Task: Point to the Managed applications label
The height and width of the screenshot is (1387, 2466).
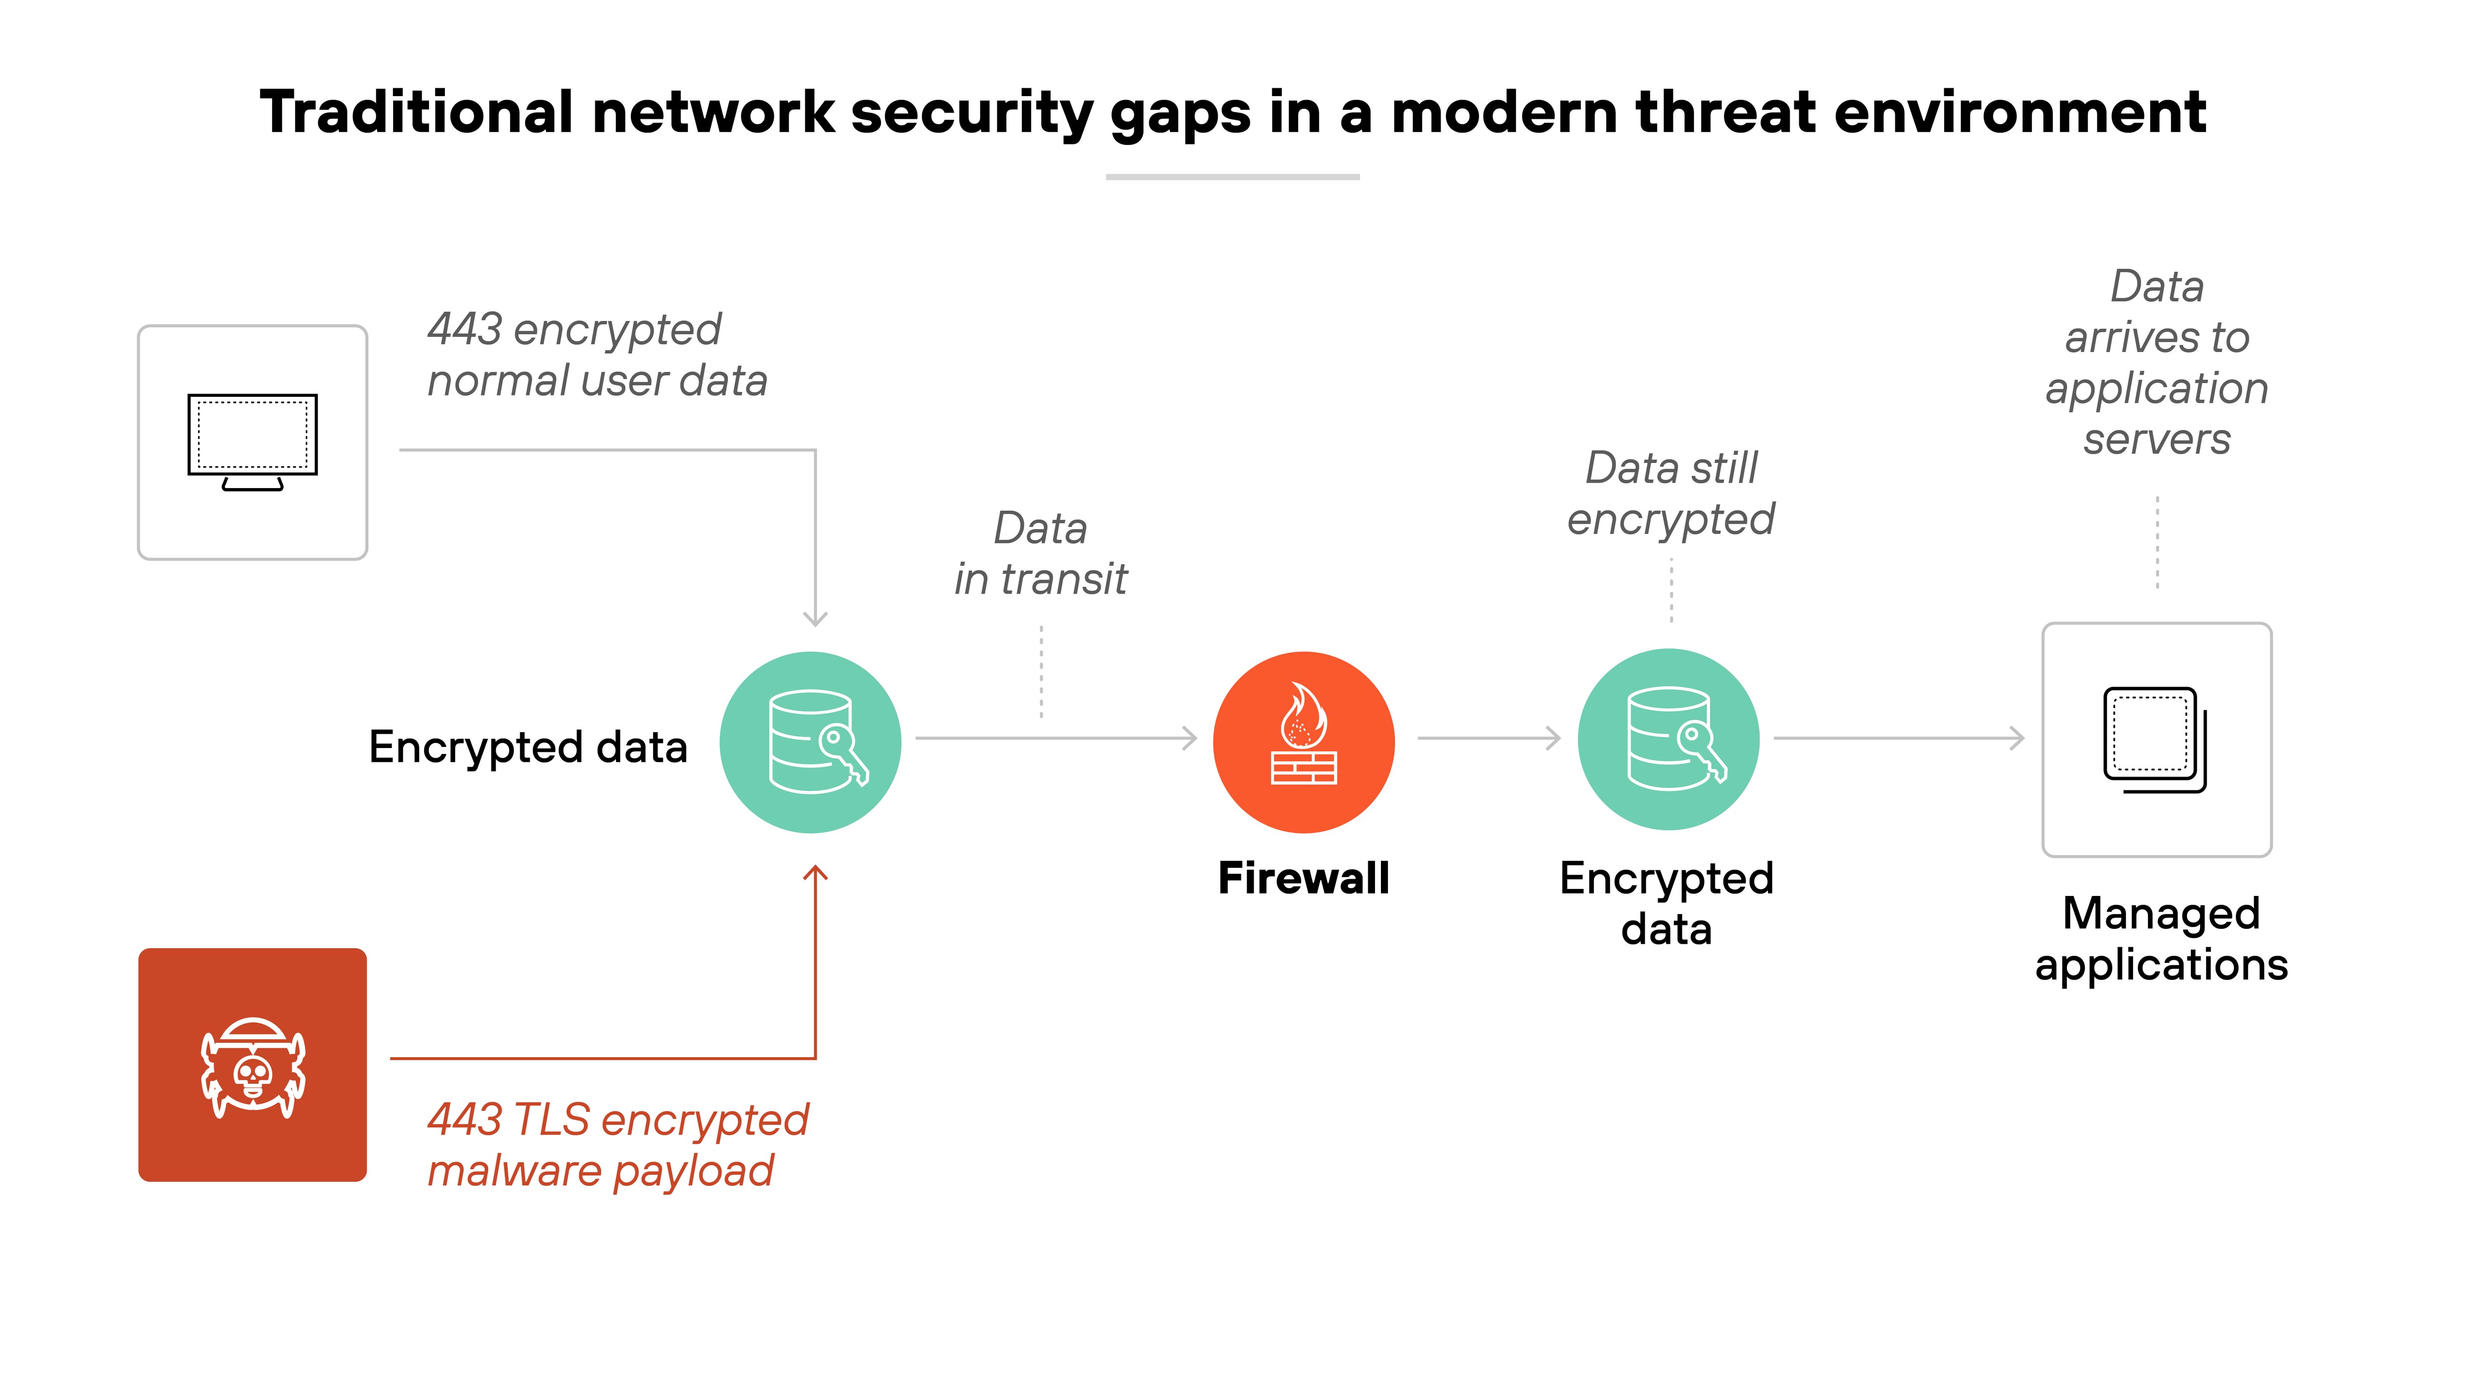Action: (2161, 938)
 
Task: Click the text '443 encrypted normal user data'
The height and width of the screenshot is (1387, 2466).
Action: (596, 354)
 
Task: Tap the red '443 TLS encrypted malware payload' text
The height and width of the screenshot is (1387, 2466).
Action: (617, 1145)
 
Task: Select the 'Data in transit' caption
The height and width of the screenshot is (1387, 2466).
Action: (1041, 553)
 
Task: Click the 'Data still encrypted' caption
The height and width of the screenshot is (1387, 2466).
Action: (1670, 493)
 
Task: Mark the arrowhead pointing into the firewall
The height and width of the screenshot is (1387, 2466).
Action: (1190, 738)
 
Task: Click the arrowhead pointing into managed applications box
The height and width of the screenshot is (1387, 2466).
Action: (2017, 738)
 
